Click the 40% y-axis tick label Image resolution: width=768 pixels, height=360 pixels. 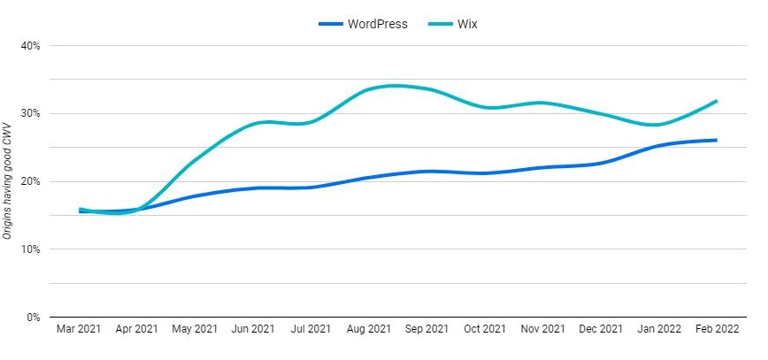coord(30,45)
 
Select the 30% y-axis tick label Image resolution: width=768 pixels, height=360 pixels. coord(30,113)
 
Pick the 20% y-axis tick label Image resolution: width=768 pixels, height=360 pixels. coord(30,181)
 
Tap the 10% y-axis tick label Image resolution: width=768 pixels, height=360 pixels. coord(30,249)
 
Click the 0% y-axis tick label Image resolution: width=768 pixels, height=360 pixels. coord(33,318)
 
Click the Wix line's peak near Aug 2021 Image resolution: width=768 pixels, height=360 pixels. coord(395,86)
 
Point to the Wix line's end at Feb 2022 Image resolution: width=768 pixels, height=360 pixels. coord(715,101)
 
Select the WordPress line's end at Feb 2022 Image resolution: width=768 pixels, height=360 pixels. coord(715,140)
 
